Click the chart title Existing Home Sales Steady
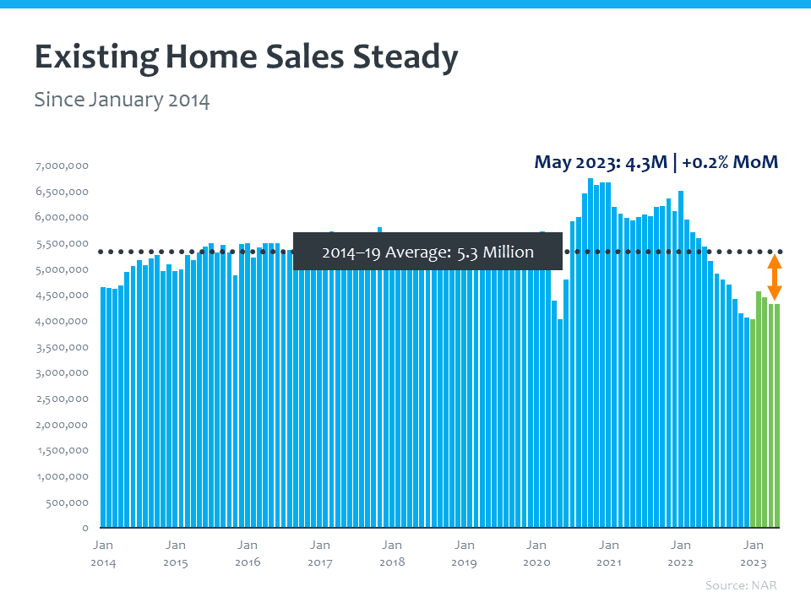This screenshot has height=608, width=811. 246,58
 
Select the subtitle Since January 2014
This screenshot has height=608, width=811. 122,100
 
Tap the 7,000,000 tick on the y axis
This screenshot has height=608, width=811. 62,166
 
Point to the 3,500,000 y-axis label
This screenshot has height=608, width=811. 62,347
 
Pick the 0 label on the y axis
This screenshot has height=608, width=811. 85,528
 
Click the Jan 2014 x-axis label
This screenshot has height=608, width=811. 103,553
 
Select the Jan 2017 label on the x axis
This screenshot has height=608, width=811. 319,553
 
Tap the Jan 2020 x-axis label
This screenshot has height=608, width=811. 536,553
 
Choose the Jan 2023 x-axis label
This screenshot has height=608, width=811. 753,553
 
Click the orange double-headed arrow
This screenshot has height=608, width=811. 774,278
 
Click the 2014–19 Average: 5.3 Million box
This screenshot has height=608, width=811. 427,252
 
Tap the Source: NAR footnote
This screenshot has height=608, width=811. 741,585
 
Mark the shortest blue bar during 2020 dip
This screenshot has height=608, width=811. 560,422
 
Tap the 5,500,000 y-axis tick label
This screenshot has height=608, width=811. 62,243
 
